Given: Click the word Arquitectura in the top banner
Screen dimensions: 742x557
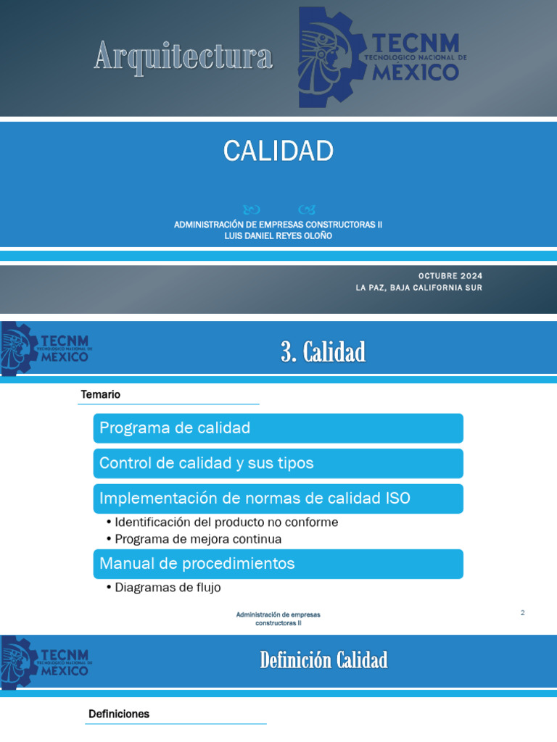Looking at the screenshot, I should coord(183,57).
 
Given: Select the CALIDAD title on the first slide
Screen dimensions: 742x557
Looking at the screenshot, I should coord(278,151).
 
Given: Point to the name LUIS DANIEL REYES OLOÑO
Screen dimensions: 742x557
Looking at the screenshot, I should coord(278,235).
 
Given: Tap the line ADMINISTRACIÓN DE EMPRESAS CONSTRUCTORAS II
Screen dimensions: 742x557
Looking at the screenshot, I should coord(278,225).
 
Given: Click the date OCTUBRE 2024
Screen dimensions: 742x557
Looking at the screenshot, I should coord(450,276).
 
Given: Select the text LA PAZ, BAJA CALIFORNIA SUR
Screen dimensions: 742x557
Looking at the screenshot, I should coord(418,288).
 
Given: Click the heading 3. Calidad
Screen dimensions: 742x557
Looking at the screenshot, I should coord(323,353).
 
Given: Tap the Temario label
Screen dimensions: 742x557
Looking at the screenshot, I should coord(101,395).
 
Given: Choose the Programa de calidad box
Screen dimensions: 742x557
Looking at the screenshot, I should coord(278,428).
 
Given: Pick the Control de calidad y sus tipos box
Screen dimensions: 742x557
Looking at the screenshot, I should coord(278,463).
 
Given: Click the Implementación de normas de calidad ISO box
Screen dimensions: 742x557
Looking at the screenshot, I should coord(278,499).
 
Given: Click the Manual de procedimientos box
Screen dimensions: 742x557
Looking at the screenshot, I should coord(278,564).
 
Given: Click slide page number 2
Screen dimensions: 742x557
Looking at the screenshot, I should coord(522,613).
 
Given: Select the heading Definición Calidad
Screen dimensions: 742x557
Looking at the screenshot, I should coord(323,660).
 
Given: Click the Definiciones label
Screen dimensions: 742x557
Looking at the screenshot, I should coord(119,714).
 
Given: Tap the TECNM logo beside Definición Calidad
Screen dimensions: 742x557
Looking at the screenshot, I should coord(46,662).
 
